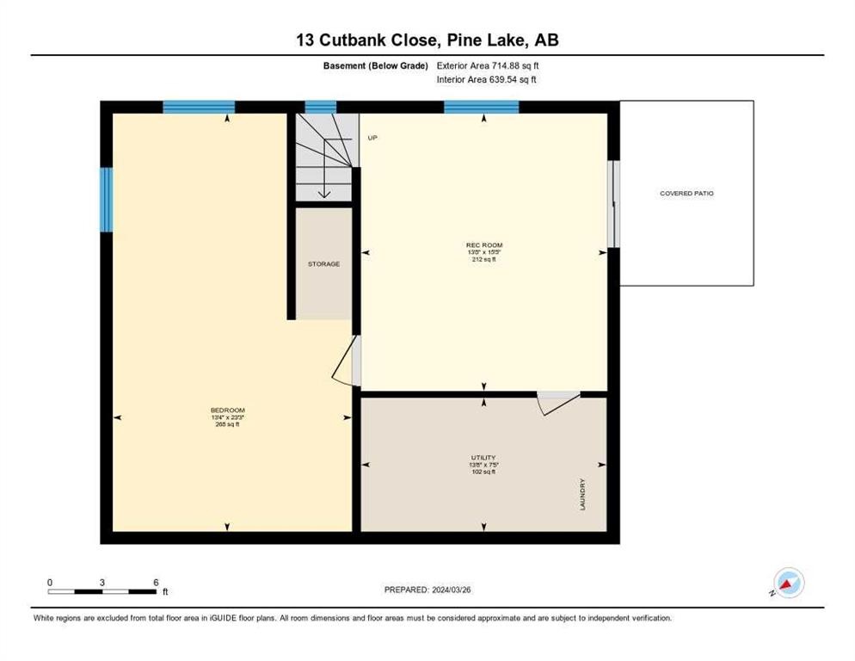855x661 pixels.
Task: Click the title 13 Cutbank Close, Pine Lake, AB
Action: [x=427, y=40]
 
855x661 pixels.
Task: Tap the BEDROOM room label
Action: [x=228, y=410]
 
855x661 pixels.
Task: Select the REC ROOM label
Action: [x=484, y=245]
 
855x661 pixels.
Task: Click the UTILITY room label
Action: [x=483, y=458]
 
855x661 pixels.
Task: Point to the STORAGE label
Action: [x=323, y=263]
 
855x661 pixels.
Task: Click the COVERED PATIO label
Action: [x=686, y=194]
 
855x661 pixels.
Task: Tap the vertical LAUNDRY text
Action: [x=582, y=494]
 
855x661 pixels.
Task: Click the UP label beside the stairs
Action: [x=372, y=138]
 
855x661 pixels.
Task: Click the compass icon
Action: [x=788, y=583]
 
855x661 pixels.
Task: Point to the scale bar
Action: [x=102, y=590]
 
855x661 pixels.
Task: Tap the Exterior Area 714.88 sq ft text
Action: [x=489, y=65]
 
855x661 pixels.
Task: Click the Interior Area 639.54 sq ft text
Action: [x=488, y=80]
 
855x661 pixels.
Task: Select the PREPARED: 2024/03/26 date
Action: [x=427, y=590]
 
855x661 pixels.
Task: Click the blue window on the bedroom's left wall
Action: [x=107, y=200]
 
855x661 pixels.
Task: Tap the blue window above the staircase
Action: [x=321, y=107]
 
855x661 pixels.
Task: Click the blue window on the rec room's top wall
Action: [x=482, y=107]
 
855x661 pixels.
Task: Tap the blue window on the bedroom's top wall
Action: [x=199, y=107]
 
